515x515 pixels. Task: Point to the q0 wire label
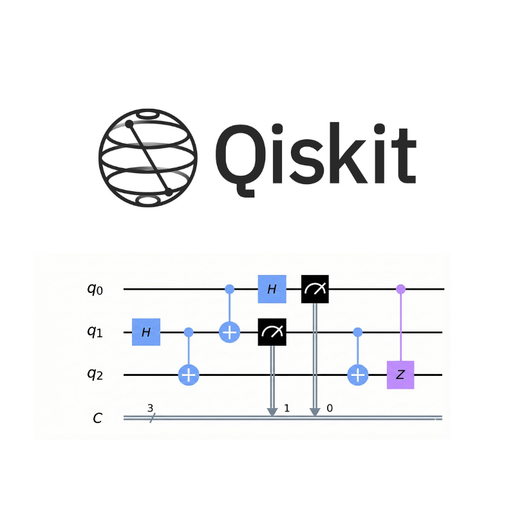95,289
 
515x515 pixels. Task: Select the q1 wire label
95,332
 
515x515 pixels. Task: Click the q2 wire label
95,375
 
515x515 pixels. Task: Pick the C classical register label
97,418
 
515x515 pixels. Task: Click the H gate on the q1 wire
146,332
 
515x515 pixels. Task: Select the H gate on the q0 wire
272,289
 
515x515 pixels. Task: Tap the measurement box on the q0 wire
315,289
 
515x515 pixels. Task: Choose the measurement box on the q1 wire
272,332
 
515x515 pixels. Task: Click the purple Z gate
400,375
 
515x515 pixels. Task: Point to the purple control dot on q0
400,289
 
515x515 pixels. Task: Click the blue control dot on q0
230,289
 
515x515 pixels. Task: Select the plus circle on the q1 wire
230,332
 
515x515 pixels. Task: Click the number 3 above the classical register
150,407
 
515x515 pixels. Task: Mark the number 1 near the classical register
286,408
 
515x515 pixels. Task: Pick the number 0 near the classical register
329,408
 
